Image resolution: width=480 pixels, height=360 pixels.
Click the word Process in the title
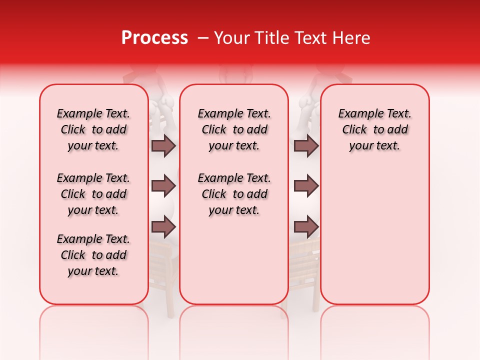click(154, 38)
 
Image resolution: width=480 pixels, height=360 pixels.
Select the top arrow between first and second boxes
click(163, 146)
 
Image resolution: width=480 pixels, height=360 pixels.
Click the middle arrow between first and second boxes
click(163, 186)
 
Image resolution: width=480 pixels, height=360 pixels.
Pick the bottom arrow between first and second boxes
click(163, 227)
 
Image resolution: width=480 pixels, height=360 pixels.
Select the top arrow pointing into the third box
click(306, 146)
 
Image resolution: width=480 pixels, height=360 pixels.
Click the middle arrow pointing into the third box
click(306, 186)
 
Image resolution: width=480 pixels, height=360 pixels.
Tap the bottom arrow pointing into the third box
click(306, 227)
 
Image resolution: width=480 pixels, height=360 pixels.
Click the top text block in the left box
click(93, 129)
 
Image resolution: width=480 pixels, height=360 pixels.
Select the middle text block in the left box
click(93, 194)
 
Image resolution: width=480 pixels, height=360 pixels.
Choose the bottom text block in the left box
click(93, 255)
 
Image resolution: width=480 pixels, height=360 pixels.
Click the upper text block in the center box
click(234, 129)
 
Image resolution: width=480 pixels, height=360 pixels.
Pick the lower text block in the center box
click(234, 194)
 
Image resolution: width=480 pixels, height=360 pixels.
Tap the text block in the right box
click(374, 129)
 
